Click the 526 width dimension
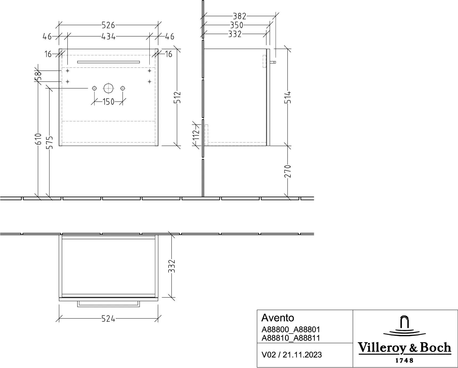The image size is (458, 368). (108, 25)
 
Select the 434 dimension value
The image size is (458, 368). (108, 37)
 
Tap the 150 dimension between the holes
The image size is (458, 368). (108, 102)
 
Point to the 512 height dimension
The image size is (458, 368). (178, 98)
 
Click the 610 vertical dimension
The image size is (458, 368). (38, 139)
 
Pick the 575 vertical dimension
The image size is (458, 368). (50, 142)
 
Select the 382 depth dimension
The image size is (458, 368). (239, 16)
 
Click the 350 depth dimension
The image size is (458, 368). (237, 25)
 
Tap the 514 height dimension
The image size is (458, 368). (288, 98)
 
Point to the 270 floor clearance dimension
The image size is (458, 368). (288, 171)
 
